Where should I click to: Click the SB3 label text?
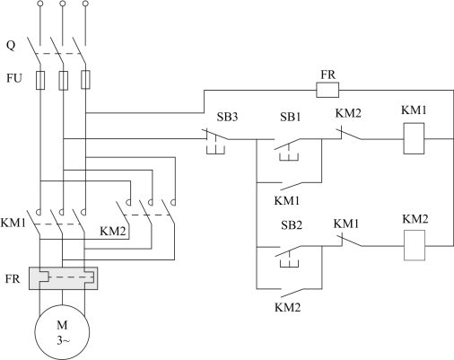tap(227, 117)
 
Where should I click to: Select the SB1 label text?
tap(290, 117)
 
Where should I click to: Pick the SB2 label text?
tap(292, 225)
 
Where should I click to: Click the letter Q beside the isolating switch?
tap(11, 46)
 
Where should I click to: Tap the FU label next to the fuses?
tap(14, 78)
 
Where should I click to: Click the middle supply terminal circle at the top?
tap(62, 4)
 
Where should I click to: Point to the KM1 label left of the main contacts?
tap(13, 223)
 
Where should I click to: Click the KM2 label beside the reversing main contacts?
tap(113, 232)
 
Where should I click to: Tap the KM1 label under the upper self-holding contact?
tap(287, 200)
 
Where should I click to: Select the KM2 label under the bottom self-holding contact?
tap(287, 307)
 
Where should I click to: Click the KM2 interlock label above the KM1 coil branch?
tap(348, 113)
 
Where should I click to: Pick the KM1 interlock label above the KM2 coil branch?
tap(346, 224)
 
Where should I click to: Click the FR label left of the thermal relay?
tap(13, 279)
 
